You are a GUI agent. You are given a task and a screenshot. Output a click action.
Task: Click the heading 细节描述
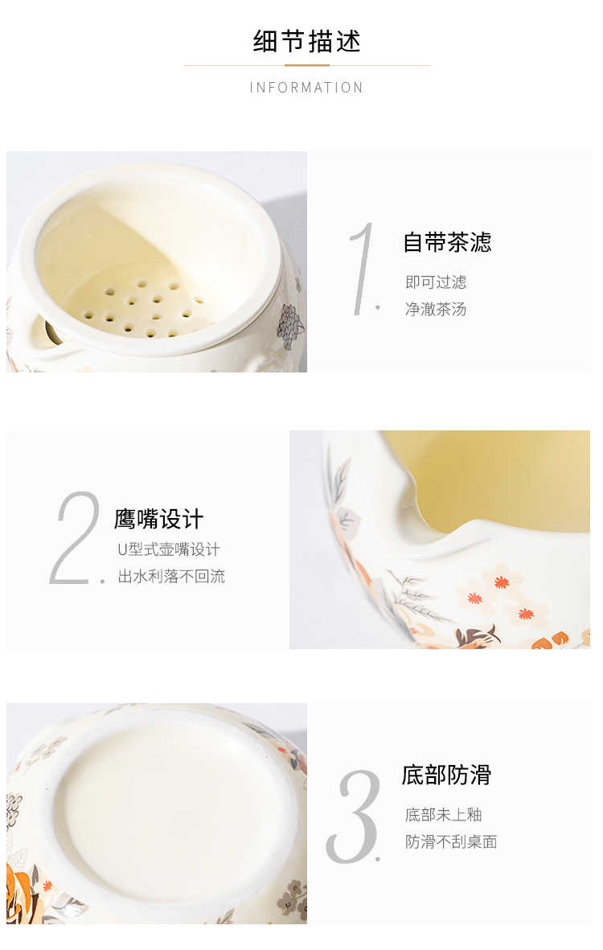pos(306,41)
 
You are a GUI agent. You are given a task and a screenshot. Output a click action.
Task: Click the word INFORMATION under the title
pos(306,88)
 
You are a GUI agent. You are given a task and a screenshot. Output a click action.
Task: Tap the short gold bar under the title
pos(307,65)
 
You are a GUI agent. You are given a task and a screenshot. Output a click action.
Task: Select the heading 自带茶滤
pos(447,242)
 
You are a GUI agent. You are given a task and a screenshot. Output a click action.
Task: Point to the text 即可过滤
pos(436,282)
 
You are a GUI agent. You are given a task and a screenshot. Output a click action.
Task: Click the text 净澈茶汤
pos(436,309)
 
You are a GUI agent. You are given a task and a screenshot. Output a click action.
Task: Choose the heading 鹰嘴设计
pos(158,519)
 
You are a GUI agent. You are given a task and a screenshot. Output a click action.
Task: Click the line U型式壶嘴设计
pos(169,549)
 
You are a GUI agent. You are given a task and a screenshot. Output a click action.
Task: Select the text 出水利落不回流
pos(171,576)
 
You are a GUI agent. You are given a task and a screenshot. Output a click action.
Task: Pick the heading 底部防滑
pos(446,775)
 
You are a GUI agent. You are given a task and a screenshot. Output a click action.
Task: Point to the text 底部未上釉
pos(443,815)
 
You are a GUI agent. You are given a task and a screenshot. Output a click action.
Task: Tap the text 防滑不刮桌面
pos(451,841)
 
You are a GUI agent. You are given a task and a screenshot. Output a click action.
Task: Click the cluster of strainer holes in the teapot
pos(142,307)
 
